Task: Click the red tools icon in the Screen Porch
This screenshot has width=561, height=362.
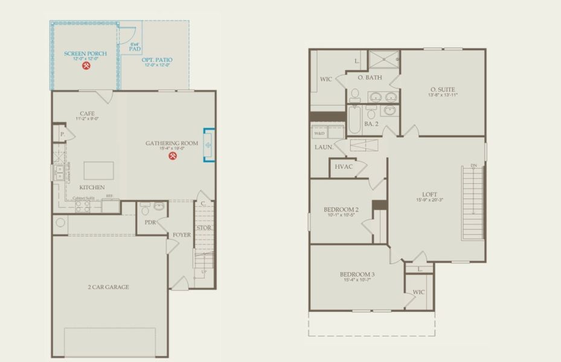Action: coord(86,66)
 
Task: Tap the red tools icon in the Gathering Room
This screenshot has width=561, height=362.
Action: coord(173,156)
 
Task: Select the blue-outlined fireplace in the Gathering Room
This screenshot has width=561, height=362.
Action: coord(208,145)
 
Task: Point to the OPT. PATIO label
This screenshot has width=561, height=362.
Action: coord(157,60)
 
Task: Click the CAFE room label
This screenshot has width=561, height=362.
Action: coord(87,113)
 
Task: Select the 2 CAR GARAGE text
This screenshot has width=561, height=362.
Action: coord(109,287)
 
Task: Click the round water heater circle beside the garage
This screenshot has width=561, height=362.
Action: coord(60,223)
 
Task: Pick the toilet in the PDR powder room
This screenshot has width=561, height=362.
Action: coord(145,209)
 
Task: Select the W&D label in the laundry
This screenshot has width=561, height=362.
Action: coord(319,133)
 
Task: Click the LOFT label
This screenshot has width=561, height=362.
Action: coord(429,194)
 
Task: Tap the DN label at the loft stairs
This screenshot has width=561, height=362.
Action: coord(473,166)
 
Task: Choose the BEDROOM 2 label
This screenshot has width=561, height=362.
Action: coord(342,209)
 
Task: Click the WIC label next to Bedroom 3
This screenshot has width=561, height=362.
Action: coord(418,292)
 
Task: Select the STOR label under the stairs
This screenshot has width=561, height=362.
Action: coord(204,228)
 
